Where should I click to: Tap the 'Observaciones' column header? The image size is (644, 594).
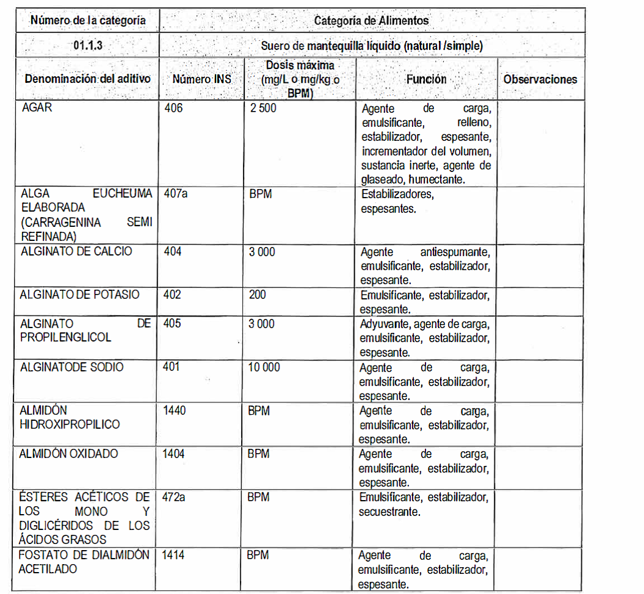pyautogui.click(x=540, y=79)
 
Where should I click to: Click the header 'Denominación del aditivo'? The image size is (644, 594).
pyautogui.click(x=87, y=79)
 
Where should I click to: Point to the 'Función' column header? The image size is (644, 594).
pyautogui.click(x=426, y=79)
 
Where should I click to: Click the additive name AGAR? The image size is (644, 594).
pyautogui.click(x=37, y=109)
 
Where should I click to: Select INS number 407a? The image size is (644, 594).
pyautogui.click(x=176, y=194)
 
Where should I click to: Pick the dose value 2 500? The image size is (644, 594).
pyautogui.click(x=264, y=109)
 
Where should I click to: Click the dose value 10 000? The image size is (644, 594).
pyautogui.click(x=264, y=367)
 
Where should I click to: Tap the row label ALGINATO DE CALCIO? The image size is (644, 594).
pyautogui.click(x=76, y=251)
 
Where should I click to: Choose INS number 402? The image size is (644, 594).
pyautogui.click(x=173, y=295)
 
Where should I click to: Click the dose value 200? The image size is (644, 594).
pyautogui.click(x=258, y=295)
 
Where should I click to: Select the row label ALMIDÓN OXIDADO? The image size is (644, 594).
pyautogui.click(x=68, y=454)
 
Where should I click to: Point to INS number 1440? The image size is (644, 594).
pyautogui.click(x=174, y=410)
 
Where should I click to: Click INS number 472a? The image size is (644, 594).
pyautogui.click(x=175, y=497)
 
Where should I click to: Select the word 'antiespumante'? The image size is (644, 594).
pyautogui.click(x=454, y=252)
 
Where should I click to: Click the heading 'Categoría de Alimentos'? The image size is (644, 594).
pyautogui.click(x=371, y=20)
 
